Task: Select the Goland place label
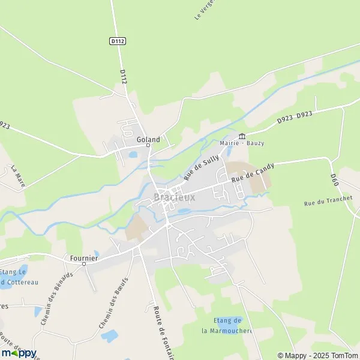click(x=148, y=139)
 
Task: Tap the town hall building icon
click(x=242, y=135)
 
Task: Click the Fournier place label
click(x=83, y=257)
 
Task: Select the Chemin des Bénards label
click(x=57, y=298)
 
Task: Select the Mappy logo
click(x=19, y=353)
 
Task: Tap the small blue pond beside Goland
click(x=133, y=154)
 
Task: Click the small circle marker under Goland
click(x=148, y=145)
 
